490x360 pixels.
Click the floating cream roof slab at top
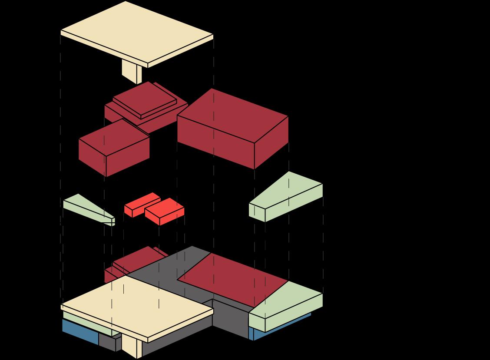click(x=137, y=33)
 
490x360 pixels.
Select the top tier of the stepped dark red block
click(x=144, y=99)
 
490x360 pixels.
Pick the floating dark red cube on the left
click(x=114, y=148)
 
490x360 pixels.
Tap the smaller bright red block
click(x=142, y=204)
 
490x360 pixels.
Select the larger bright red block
click(x=164, y=212)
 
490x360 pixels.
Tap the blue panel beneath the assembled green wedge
click(x=282, y=328)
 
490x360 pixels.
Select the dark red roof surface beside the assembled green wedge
click(x=232, y=278)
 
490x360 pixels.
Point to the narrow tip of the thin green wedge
click(x=112, y=221)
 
